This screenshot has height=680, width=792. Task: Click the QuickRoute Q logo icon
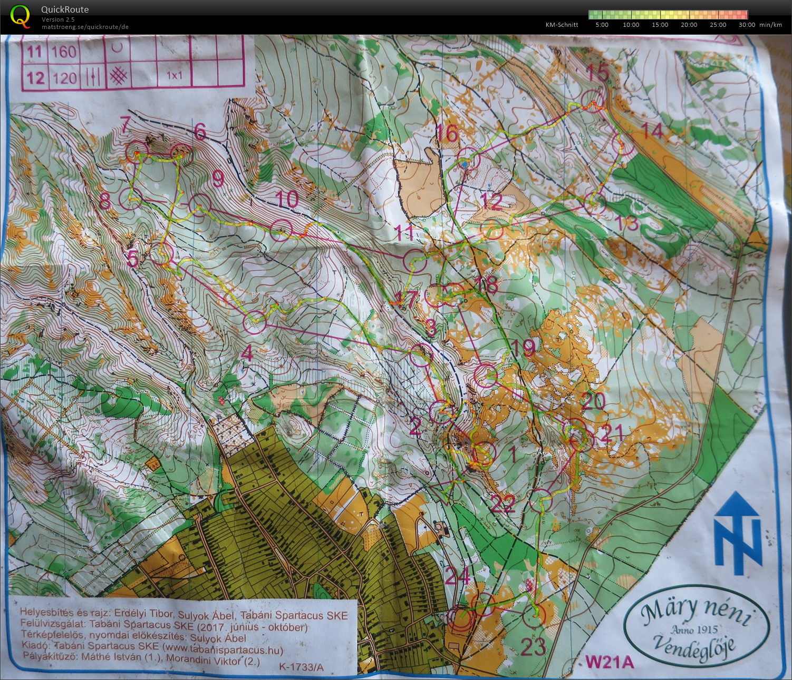pos(20,15)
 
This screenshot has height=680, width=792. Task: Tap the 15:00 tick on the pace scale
pos(660,25)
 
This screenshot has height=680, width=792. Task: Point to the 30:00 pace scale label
pos(747,25)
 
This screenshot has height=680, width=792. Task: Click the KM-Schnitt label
pos(562,25)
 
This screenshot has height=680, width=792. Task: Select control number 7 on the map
pos(125,125)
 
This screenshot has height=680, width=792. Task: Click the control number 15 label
pos(598,74)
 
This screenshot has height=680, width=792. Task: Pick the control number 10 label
pos(287,200)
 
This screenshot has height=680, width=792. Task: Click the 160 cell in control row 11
pos(64,52)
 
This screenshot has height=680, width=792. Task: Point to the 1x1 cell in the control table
pos(175,75)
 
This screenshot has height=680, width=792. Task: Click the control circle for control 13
pos(596,204)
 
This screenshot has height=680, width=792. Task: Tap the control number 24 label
pos(457,577)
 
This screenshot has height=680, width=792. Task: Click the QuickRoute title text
pos(65,9)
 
